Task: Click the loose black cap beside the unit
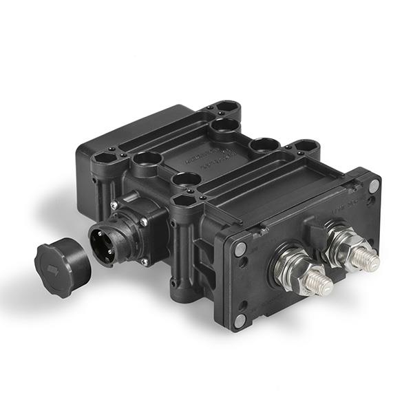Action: coord(62,266)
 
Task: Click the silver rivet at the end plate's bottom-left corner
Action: coord(239,320)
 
